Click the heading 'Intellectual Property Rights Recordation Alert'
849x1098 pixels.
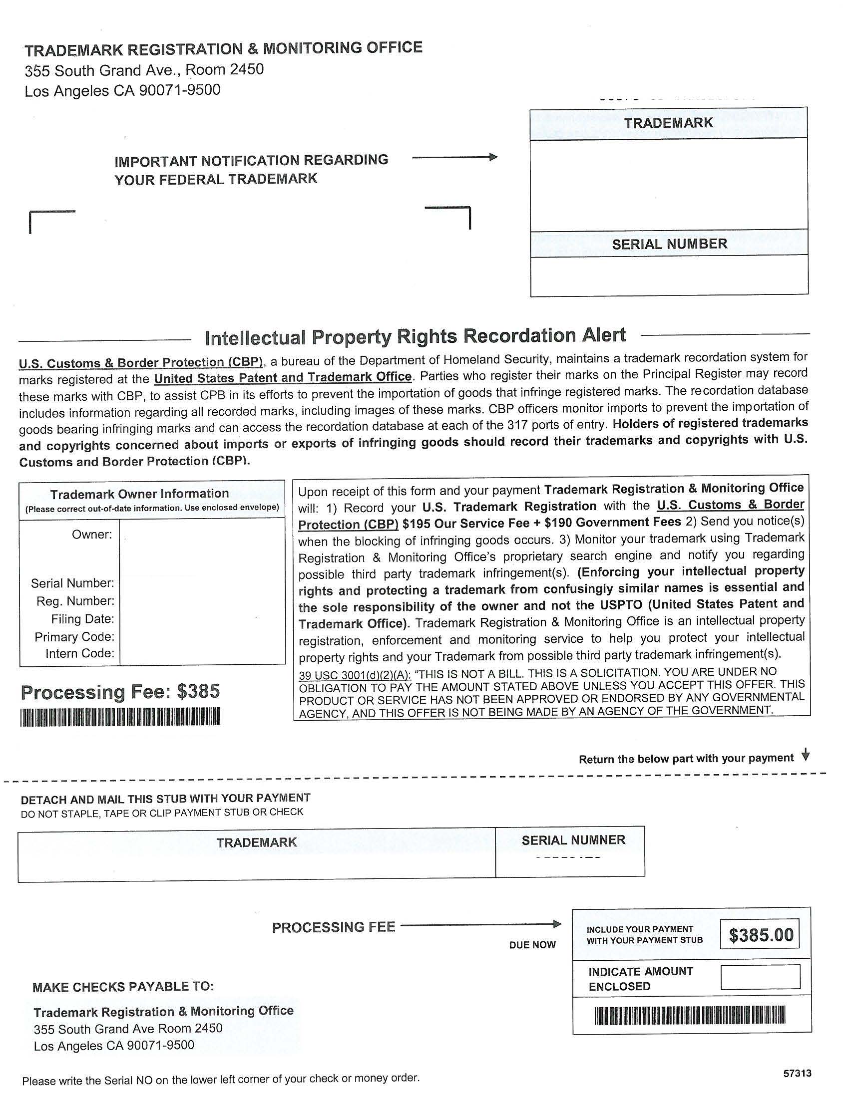pos(416,336)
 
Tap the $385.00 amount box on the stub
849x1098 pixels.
pos(760,935)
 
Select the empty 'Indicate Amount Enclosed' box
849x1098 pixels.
pos(760,977)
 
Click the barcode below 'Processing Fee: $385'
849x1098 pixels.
pos(120,716)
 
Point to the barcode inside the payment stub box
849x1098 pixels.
pos(690,1015)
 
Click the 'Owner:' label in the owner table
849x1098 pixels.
pos(92,535)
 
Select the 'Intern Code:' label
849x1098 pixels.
pos(80,653)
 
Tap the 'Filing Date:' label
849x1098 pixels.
pos(82,619)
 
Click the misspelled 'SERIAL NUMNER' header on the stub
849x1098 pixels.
pos(573,840)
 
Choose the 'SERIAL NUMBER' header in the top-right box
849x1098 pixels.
pos(669,244)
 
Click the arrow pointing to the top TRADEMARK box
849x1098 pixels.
pos(454,158)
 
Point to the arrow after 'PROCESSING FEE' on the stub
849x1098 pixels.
pos(481,924)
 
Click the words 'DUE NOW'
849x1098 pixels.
pos(532,945)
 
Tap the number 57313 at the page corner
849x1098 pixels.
pos(797,1074)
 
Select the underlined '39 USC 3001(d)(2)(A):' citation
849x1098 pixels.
pos(355,674)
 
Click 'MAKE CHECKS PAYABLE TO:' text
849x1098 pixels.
pos(123,987)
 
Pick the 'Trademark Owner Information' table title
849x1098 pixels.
pos(139,494)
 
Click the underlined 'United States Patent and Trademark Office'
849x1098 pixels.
pos(283,377)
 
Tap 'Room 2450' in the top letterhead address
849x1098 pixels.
pos(224,69)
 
